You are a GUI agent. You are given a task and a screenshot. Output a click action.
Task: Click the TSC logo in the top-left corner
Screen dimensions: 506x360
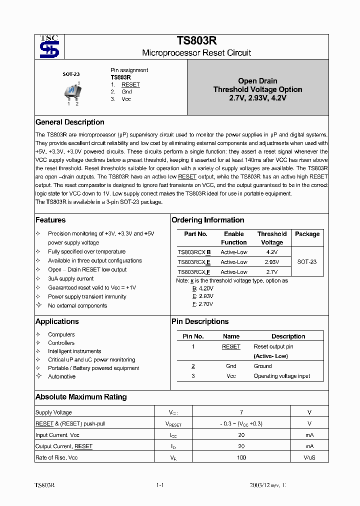(49, 47)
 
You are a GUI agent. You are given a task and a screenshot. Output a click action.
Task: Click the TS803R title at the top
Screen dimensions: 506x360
(196, 41)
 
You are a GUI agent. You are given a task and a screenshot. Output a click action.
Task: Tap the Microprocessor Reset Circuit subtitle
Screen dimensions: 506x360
(196, 52)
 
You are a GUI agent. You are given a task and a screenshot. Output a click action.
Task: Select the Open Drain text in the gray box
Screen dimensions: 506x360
(257, 81)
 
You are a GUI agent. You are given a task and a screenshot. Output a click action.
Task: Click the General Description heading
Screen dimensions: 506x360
(70, 122)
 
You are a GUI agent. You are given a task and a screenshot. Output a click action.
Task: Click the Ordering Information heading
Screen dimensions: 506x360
(207, 220)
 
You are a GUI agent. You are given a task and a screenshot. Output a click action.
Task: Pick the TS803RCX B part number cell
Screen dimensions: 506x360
(194, 252)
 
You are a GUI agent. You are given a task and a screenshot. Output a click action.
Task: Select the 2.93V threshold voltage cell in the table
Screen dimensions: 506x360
(271, 262)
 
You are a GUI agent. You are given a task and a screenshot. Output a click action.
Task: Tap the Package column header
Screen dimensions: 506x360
(307, 234)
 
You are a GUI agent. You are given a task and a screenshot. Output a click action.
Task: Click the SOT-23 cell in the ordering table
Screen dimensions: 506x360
(306, 262)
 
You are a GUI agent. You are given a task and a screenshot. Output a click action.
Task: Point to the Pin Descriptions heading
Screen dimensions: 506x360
(199, 321)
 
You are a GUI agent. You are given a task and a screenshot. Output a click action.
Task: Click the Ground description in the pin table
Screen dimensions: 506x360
(262, 366)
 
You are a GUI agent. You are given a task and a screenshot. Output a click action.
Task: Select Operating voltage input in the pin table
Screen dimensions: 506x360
(281, 376)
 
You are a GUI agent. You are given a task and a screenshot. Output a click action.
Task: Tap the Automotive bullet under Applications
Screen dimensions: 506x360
(61, 376)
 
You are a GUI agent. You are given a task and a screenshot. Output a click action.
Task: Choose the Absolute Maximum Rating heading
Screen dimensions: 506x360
(81, 397)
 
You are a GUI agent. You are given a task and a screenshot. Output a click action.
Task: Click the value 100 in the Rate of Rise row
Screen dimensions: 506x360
(241, 457)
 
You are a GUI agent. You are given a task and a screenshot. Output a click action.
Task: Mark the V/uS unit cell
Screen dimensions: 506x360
(309, 457)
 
